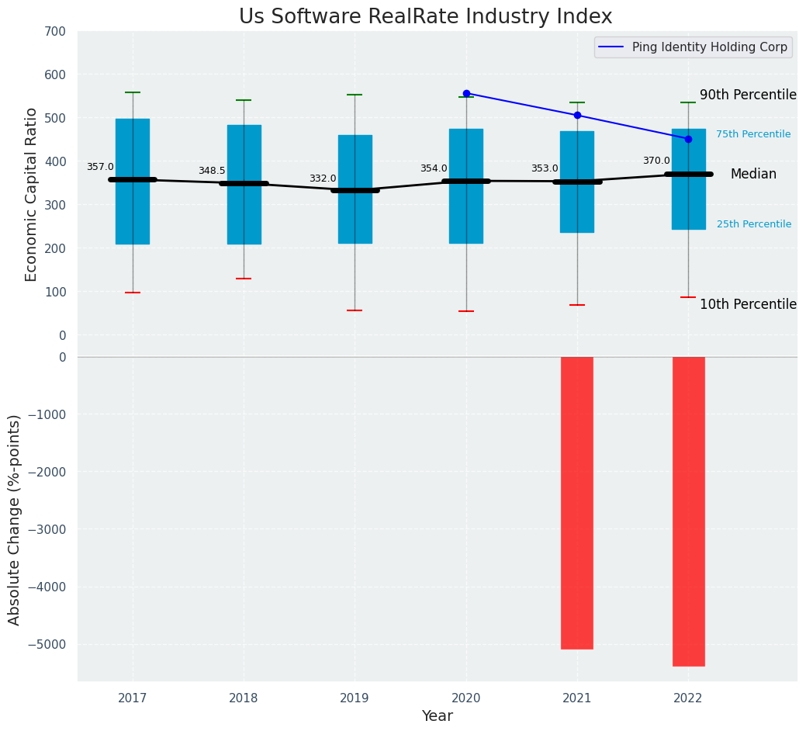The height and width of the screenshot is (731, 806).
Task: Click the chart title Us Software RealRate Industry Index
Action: [x=425, y=17]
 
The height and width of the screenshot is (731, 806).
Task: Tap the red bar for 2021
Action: [x=577, y=503]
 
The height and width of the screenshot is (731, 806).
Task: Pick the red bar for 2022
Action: [x=688, y=511]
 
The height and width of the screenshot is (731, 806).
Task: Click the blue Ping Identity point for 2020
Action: [x=466, y=93]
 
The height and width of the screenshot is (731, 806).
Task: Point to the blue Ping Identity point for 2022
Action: [x=688, y=139]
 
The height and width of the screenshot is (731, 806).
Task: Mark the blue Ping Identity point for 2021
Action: [x=577, y=116]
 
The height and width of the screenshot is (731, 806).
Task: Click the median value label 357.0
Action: [x=100, y=167]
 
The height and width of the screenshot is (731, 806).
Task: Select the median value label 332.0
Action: [x=323, y=178]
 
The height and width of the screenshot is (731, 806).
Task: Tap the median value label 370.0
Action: [x=656, y=161]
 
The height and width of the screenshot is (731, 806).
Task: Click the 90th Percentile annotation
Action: [x=748, y=95]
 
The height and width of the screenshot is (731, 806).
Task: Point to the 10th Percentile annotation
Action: [x=748, y=304]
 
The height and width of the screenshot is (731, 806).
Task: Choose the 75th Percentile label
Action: [x=753, y=134]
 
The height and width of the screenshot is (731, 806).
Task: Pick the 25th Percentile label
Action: [x=754, y=224]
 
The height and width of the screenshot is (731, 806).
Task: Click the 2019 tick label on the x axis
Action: [x=355, y=699]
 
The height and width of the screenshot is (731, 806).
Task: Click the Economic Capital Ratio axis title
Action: [x=32, y=194]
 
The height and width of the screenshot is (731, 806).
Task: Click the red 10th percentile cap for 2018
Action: [x=244, y=279]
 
